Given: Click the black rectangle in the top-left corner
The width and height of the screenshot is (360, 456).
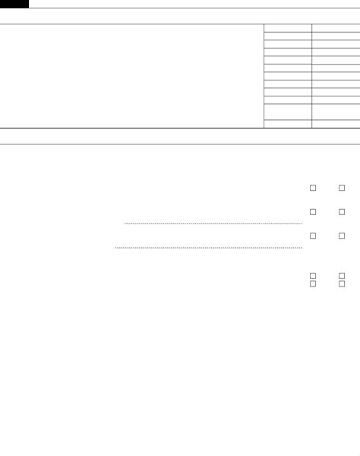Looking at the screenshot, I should [14, 4].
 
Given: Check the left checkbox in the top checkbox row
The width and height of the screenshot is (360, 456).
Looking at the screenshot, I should [312, 188].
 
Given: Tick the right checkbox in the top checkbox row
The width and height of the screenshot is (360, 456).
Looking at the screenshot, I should [342, 188].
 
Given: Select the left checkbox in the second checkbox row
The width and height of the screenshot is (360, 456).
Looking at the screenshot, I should [312, 212].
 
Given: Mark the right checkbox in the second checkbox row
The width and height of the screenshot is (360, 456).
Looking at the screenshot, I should [342, 212].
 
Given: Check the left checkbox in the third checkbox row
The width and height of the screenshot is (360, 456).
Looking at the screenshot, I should [312, 236].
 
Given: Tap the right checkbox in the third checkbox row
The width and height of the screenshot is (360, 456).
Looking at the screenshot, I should [342, 236].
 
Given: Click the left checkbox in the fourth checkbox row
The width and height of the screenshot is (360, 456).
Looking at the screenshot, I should [312, 276].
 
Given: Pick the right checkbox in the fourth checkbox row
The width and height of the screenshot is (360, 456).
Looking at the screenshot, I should [342, 276].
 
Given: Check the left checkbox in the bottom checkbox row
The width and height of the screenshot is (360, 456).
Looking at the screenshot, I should [312, 283].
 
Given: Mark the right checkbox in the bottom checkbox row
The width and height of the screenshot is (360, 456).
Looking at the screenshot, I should [342, 283].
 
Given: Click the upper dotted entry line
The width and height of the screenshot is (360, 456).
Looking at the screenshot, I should [213, 223].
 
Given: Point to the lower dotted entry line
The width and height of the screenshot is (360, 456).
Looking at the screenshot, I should [208, 247].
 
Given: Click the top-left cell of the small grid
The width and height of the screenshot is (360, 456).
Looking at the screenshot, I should [287, 27].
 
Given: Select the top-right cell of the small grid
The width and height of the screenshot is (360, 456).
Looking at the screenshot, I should [336, 27].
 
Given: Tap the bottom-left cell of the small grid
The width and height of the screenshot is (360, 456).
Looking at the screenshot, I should [287, 124].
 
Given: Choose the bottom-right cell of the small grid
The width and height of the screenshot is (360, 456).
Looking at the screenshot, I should [336, 124].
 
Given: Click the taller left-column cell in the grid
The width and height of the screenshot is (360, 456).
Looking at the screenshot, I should [287, 112].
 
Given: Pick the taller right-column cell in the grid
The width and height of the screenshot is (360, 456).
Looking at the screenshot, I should [336, 112].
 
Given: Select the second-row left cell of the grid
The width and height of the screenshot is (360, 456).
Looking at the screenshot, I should [287, 36].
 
